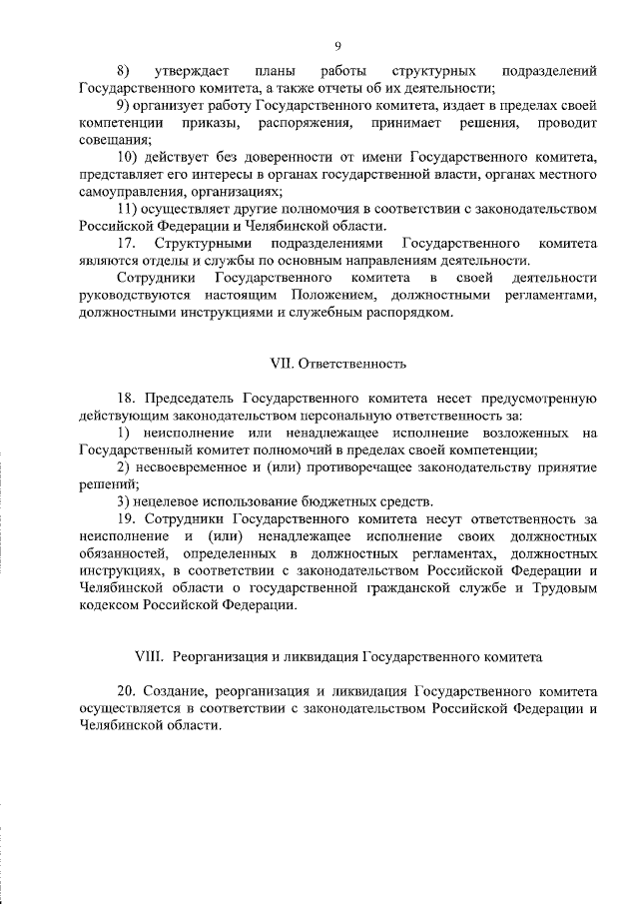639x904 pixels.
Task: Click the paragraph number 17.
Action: (x=126, y=245)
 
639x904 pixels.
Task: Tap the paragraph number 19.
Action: (x=126, y=519)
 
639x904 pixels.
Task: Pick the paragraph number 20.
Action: (x=126, y=690)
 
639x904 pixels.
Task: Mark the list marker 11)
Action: (x=127, y=210)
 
